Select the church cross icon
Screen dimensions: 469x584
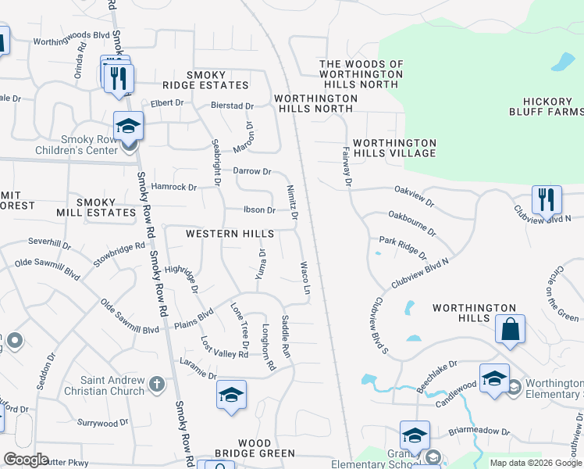tap(157, 384)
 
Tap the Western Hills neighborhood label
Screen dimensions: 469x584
tap(230, 234)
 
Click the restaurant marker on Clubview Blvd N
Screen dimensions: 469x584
tap(547, 199)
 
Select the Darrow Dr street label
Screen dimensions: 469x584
tap(251, 170)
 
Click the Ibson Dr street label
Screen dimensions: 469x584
tap(259, 209)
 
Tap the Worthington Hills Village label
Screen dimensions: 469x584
tap(394, 148)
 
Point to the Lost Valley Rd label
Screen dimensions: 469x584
tap(224, 348)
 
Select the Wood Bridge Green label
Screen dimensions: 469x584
tap(255, 448)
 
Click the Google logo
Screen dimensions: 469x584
tap(27, 459)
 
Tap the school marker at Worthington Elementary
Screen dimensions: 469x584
tap(493, 380)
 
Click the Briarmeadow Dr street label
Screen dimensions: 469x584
tap(479, 431)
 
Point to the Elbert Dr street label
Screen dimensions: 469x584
tap(167, 102)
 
